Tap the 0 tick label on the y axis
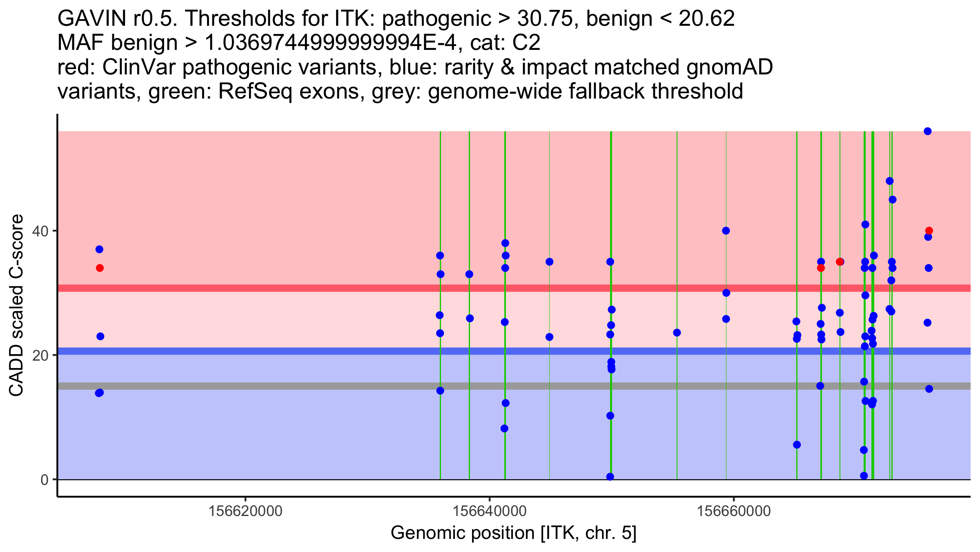[x=45, y=480]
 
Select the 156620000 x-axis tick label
[x=245, y=511]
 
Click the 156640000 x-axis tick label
[x=490, y=511]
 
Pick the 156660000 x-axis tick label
[x=734, y=511]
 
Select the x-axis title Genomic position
[x=513, y=533]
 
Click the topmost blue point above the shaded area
[x=927, y=131]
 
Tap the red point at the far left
[x=100, y=268]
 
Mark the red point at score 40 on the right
[x=929, y=231]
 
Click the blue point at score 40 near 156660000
[x=726, y=231]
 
